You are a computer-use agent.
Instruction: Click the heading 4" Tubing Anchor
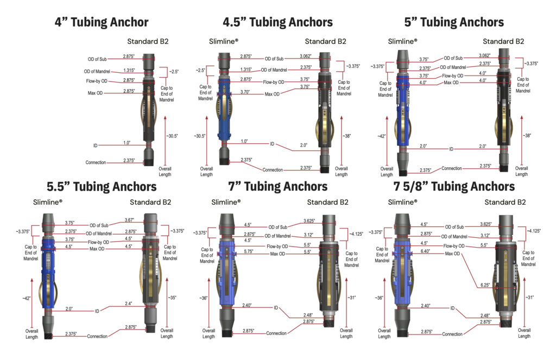[102, 22]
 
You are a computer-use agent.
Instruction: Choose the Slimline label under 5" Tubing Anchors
[402, 41]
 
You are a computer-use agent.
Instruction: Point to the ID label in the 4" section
[96, 146]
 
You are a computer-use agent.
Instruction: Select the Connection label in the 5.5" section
[98, 336]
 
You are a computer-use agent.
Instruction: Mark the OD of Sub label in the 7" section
[279, 226]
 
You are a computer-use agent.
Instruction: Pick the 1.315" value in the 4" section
[129, 70]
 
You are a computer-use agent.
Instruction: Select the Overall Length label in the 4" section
[165, 172]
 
